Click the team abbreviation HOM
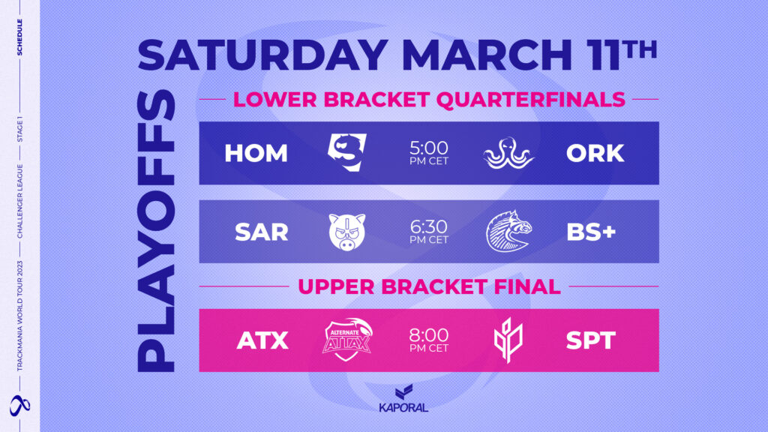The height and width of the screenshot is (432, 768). [x=256, y=153]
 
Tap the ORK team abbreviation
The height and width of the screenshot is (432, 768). [x=595, y=153]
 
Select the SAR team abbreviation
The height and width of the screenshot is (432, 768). [x=262, y=232]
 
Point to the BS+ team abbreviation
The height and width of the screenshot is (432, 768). [x=591, y=232]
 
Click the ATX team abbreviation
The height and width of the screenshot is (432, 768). [x=262, y=340]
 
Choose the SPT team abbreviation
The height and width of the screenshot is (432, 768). [x=591, y=340]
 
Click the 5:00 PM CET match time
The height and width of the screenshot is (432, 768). [x=429, y=152]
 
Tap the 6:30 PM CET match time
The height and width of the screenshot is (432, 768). [x=429, y=232]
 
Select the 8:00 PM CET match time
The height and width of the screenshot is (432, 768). [x=429, y=340]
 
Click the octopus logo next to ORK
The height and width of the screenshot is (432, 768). [x=508, y=153]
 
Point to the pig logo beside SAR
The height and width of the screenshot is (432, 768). [x=346, y=232]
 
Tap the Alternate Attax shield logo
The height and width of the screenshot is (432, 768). [x=347, y=340]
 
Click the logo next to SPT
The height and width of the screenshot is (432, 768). [x=508, y=340]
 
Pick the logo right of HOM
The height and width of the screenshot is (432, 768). [x=347, y=152]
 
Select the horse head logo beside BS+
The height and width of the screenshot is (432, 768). [x=509, y=232]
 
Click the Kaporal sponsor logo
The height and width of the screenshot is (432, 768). [x=403, y=399]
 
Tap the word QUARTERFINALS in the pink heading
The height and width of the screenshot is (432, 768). [x=530, y=100]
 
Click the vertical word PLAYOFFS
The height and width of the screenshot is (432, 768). [x=156, y=231]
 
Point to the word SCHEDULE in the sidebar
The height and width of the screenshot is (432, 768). [x=19, y=37]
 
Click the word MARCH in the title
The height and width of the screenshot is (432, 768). [x=487, y=55]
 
